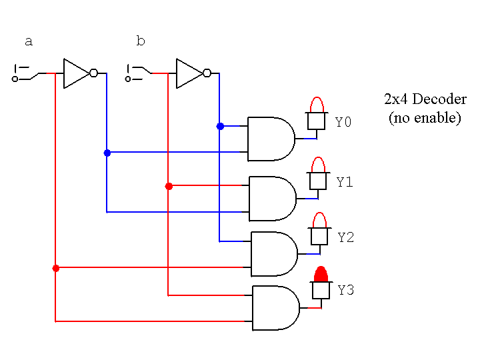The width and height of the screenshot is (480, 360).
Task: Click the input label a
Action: coord(28,42)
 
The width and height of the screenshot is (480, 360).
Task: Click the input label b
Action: coord(140,42)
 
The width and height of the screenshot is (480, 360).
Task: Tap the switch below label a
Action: coord(25,73)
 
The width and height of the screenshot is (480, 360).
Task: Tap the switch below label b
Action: coord(137,73)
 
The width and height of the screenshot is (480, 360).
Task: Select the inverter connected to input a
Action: coord(79,73)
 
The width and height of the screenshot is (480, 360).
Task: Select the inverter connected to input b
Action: coord(191,73)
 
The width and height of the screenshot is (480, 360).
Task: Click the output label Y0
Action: coord(343,123)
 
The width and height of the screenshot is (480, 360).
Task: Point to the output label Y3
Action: coord(346,291)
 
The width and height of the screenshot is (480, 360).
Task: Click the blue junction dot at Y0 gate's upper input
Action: coord(219,125)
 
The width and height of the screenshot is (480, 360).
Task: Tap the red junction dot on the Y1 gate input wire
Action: coord(169,186)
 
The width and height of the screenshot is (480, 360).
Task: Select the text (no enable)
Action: coord(425,118)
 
